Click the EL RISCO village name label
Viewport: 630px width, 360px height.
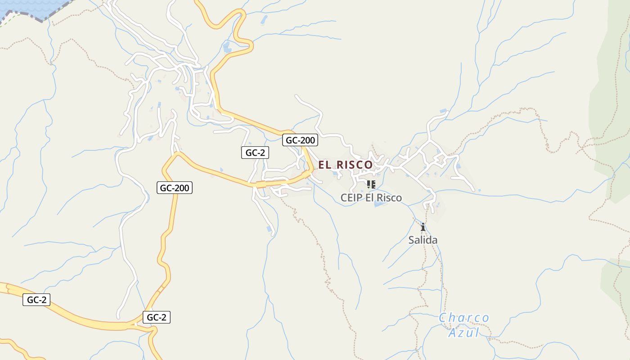(x=345, y=165)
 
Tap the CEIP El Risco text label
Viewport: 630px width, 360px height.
(x=371, y=198)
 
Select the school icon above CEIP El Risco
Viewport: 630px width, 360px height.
(x=371, y=184)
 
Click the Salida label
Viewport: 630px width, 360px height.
(x=423, y=240)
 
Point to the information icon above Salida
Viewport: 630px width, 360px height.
(x=423, y=227)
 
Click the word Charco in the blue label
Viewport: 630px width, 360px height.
(x=464, y=318)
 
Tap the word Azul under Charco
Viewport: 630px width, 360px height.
(x=464, y=333)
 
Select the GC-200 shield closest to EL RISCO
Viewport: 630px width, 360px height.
(x=300, y=140)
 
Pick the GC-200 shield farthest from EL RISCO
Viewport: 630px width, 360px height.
(x=175, y=188)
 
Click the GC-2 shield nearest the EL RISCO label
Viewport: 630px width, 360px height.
(x=255, y=153)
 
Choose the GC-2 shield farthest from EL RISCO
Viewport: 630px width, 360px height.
(x=36, y=300)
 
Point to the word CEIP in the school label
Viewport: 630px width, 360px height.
(x=351, y=198)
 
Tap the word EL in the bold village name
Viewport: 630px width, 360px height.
(x=324, y=165)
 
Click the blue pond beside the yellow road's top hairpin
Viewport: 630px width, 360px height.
(x=227, y=46)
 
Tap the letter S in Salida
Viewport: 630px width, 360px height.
(x=411, y=240)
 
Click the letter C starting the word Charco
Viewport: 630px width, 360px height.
(x=442, y=318)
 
